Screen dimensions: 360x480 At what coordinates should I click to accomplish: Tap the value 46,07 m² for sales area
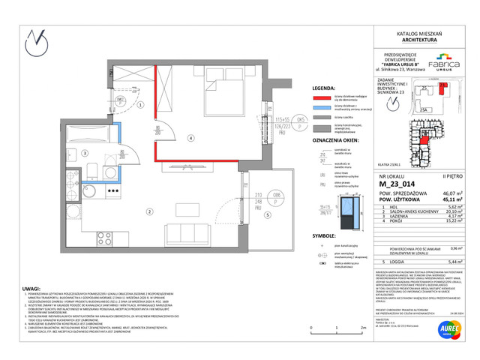(439, 193)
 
